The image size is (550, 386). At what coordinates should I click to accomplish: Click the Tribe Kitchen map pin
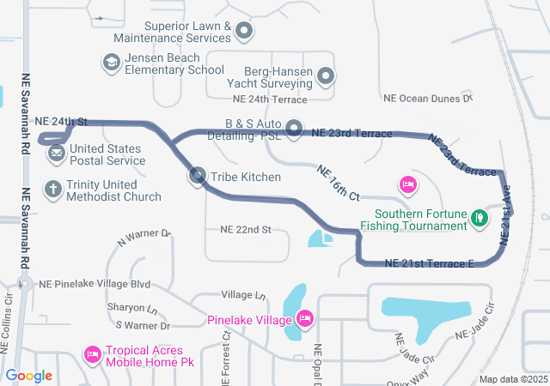(x=198, y=177)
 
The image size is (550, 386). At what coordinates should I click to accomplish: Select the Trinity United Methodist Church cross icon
(x=53, y=190)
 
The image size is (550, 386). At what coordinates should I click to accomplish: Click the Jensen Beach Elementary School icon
(x=111, y=63)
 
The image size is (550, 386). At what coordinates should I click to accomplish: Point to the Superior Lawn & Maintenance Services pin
(x=244, y=32)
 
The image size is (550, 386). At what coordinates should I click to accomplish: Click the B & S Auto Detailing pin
(x=295, y=129)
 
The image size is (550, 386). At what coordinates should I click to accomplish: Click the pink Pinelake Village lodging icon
(x=303, y=320)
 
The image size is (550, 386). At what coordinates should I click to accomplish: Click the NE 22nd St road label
(x=246, y=230)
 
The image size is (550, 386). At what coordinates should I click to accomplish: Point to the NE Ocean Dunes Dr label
(x=428, y=99)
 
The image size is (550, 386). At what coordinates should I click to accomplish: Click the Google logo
(x=28, y=376)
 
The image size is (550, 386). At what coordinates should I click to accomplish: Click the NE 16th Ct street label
(x=338, y=183)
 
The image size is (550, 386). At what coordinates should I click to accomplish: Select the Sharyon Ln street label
(x=132, y=308)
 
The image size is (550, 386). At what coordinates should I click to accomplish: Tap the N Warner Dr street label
(x=144, y=238)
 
